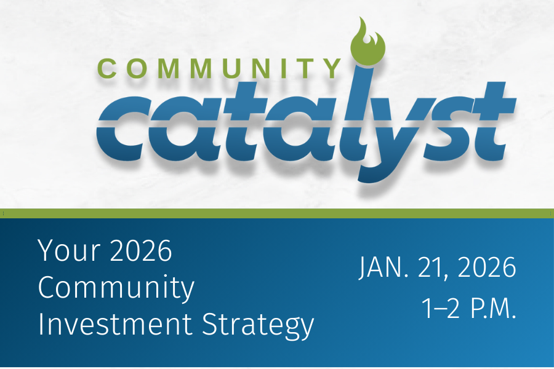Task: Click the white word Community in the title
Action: pos(116,288)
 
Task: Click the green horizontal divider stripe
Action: pos(277,213)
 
